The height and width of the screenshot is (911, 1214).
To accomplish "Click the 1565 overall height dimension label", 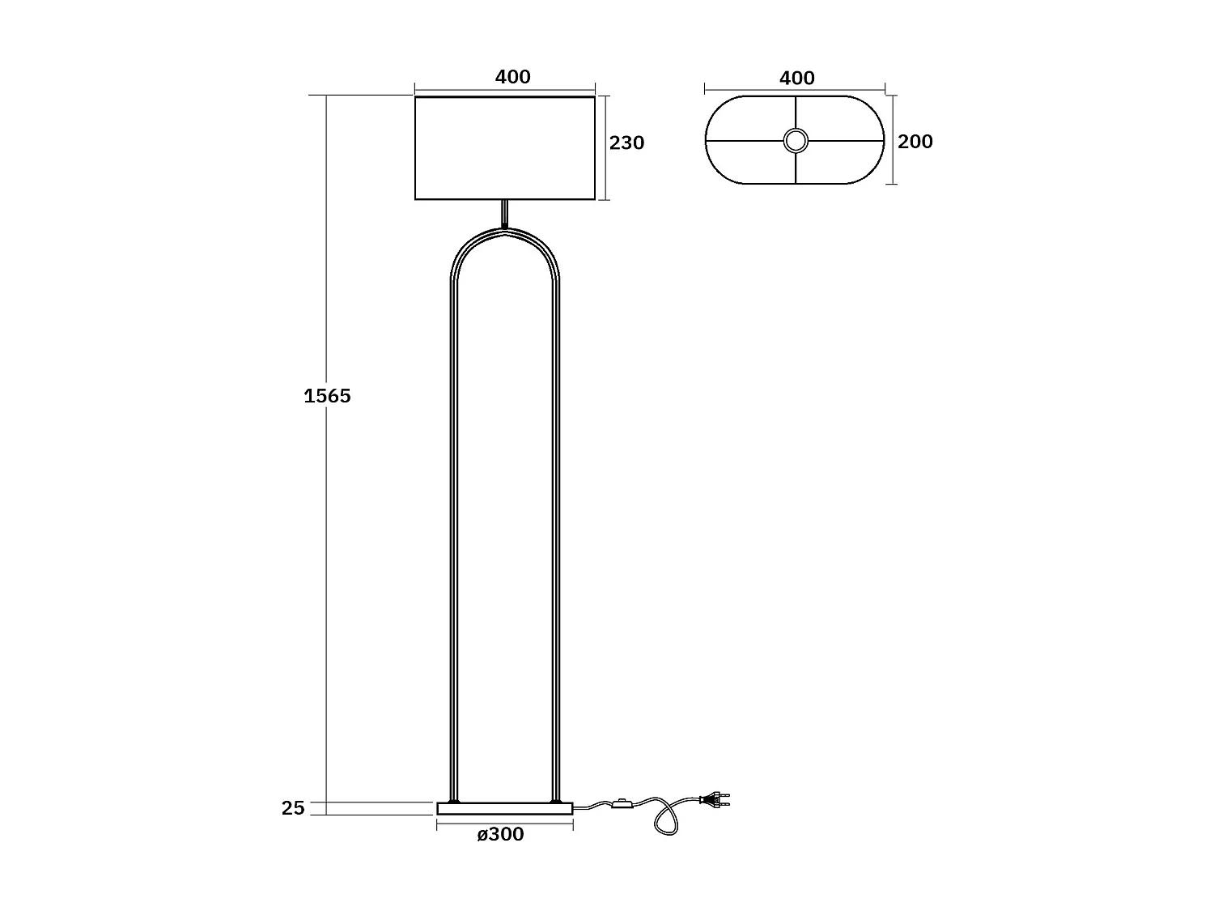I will (x=327, y=396).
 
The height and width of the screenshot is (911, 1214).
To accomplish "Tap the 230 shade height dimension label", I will (x=626, y=143).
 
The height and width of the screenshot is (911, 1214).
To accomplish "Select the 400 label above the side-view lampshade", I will (x=512, y=77).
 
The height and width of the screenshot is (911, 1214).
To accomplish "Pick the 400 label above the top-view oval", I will (x=796, y=79).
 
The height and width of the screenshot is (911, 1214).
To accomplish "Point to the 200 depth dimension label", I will (x=915, y=142).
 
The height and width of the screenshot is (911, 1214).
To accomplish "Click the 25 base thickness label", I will (x=293, y=808).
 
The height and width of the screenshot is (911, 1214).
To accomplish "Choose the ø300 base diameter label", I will (x=500, y=835).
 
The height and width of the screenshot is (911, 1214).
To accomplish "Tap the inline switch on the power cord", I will (x=622, y=804).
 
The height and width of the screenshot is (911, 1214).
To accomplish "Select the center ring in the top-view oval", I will (x=796, y=141).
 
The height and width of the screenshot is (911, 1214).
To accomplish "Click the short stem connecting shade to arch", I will (x=505, y=214).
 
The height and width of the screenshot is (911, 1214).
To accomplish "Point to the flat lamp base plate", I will (x=505, y=808).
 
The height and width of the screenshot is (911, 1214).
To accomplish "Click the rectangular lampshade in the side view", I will (x=505, y=148).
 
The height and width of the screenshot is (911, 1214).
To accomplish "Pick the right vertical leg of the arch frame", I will (x=556, y=534).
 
